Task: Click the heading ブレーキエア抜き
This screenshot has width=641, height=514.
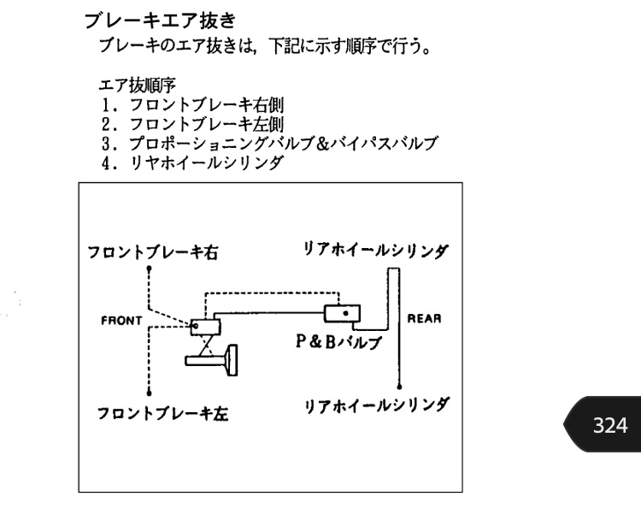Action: pyautogui.click(x=160, y=21)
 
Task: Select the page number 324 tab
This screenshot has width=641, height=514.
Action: pyautogui.click(x=603, y=424)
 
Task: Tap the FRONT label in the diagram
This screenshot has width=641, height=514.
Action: pyautogui.click(x=121, y=321)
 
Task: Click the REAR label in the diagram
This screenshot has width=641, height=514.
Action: pyautogui.click(x=424, y=318)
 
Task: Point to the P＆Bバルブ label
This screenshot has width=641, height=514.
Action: pyautogui.click(x=338, y=342)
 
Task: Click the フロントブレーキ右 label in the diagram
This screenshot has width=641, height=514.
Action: pyautogui.click(x=153, y=252)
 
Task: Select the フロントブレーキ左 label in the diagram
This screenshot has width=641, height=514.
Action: pyautogui.click(x=162, y=413)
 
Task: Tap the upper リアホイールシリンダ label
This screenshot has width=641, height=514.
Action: pyautogui.click(x=376, y=249)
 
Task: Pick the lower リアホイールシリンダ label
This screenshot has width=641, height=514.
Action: pyautogui.click(x=376, y=405)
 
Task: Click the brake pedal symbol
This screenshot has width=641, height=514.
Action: pyautogui.click(x=211, y=360)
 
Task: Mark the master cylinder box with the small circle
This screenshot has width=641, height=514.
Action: pyautogui.click(x=205, y=327)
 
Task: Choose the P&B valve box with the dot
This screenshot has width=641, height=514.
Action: pyautogui.click(x=342, y=314)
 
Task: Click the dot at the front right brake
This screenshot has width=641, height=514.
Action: pyautogui.click(x=150, y=269)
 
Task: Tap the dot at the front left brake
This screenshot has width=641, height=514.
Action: pyautogui.click(x=150, y=393)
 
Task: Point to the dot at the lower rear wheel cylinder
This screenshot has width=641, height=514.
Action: pyautogui.click(x=399, y=387)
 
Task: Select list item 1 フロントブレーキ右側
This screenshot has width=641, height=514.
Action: pyautogui.click(x=192, y=104)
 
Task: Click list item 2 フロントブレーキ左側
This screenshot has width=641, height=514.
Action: pyautogui.click(x=192, y=124)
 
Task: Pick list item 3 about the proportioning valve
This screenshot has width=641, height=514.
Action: pyautogui.click(x=269, y=143)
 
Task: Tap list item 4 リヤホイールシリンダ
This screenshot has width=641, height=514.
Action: pyautogui.click(x=192, y=162)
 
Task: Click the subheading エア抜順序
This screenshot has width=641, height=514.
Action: pyautogui.click(x=138, y=86)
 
